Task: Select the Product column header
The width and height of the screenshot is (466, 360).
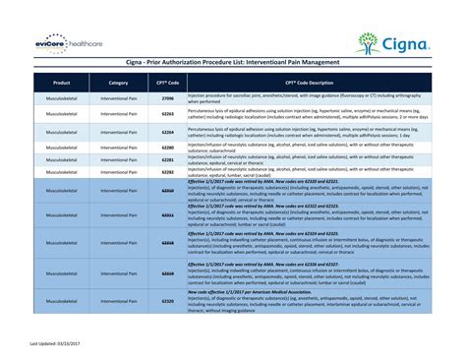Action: [x=61, y=83]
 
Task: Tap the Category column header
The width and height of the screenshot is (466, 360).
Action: [x=119, y=83]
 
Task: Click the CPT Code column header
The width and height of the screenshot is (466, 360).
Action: [x=167, y=83]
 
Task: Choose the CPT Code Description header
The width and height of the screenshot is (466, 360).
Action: [x=310, y=83]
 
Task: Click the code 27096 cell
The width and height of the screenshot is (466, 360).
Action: [x=167, y=99]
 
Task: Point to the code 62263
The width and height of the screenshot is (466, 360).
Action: [x=167, y=115]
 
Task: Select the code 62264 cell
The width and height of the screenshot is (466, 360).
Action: [x=167, y=131]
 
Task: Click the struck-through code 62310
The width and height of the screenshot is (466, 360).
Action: [x=167, y=191]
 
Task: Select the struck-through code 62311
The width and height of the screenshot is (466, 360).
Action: [x=167, y=214]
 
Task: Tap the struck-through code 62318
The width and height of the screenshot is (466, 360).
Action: [x=167, y=242]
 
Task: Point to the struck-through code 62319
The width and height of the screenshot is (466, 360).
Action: [x=167, y=272]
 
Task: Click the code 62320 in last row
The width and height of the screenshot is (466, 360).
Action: [x=167, y=300]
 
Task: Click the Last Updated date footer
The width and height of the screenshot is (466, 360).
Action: [x=53, y=343]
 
